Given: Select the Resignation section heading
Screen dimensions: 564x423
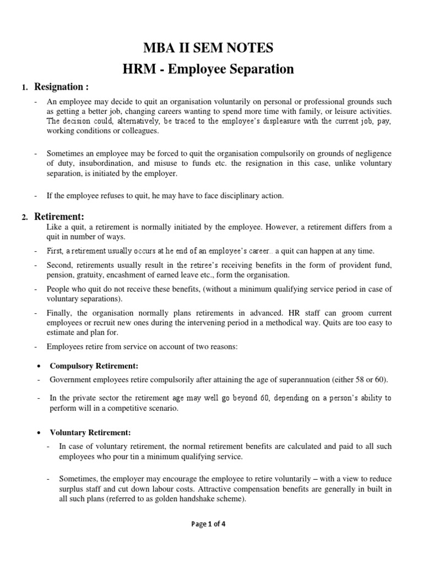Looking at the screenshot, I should point(62,86).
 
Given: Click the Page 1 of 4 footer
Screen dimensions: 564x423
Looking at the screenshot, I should point(208,524).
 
